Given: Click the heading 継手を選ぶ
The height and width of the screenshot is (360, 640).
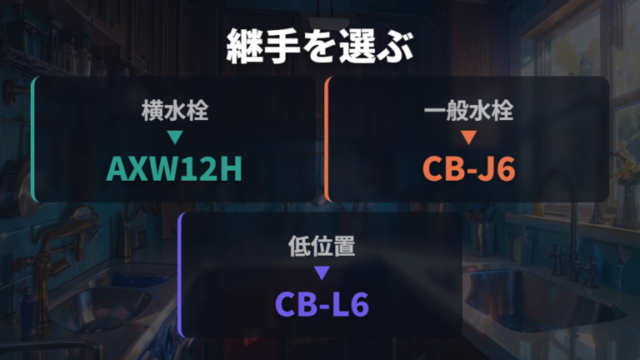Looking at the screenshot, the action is (320, 46).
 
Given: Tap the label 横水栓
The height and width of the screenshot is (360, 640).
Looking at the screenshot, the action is (175, 111).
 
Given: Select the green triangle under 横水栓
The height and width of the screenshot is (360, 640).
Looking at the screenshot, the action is (175, 137).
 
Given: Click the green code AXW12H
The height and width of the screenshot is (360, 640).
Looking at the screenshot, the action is (174, 168).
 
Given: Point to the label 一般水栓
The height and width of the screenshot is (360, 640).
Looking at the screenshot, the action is (468, 111).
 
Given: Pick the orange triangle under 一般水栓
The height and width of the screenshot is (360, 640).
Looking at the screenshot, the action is (468, 137).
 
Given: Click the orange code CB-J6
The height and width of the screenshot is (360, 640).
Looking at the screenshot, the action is (468, 168).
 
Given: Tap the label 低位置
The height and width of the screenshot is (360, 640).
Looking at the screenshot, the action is (322, 246).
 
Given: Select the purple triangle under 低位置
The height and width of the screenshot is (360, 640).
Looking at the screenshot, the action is (322, 272).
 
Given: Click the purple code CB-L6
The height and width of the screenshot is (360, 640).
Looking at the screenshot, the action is (322, 304).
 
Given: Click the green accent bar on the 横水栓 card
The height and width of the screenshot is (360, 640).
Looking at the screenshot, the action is (34, 139).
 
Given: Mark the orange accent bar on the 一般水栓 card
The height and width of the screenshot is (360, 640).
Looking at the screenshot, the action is (327, 139).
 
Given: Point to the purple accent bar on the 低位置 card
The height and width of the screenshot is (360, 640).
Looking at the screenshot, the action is (181, 275).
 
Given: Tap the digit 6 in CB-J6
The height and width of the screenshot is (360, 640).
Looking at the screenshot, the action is (505, 169).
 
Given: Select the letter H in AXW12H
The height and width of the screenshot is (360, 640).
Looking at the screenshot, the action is (232, 168).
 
